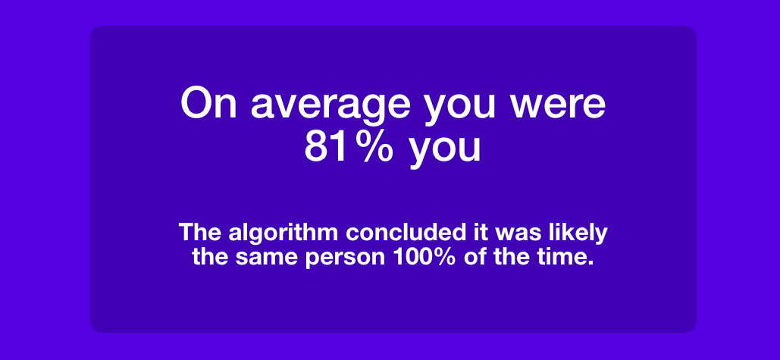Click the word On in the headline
208,103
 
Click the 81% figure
349,147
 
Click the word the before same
211,257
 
